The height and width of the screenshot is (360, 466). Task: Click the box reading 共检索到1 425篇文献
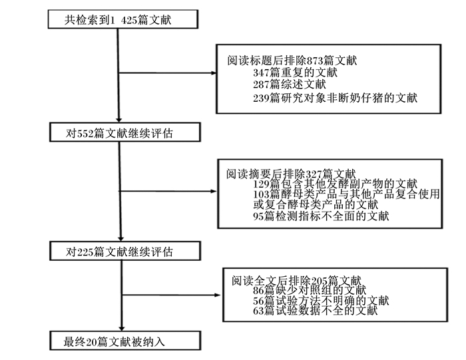[123, 19]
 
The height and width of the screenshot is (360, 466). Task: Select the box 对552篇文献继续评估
[125, 132]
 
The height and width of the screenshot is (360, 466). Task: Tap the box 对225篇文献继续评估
[125, 251]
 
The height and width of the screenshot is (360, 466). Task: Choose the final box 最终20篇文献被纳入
[125, 341]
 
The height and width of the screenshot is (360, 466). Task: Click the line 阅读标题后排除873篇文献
[292, 61]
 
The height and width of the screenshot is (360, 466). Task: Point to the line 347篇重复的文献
[295, 73]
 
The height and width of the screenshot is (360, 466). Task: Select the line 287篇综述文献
[290, 85]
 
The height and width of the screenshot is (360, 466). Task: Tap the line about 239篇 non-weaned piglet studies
[336, 98]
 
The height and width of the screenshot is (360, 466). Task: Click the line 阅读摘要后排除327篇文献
[291, 174]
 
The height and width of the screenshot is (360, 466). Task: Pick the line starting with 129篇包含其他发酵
[336, 184]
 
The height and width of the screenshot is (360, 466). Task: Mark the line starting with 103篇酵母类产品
[346, 194]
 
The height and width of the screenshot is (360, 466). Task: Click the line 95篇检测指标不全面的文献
[321, 216]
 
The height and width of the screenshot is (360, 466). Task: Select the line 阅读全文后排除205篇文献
[297, 280]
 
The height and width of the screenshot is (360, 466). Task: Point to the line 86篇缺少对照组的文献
[310, 290]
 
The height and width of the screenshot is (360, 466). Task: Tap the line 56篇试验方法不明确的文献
[321, 301]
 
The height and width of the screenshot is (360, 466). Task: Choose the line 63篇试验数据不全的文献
[316, 311]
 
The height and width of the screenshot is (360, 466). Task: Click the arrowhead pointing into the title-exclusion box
[214, 73]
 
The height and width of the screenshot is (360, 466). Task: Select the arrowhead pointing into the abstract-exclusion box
[214, 191]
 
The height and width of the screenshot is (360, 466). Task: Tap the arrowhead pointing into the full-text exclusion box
[218, 295]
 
